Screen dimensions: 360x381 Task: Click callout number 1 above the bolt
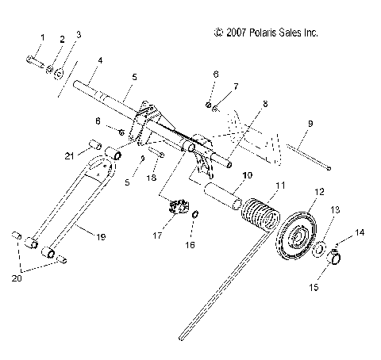[x=41, y=37]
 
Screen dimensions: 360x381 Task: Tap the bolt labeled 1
[x=33, y=59]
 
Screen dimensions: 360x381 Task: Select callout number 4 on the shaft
[x=99, y=60]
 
